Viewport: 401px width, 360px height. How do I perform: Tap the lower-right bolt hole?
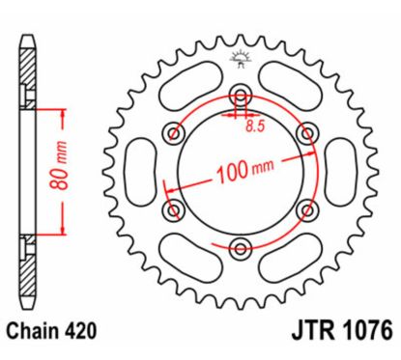click(x=307, y=209)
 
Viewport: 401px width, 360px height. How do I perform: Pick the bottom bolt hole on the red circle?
click(x=241, y=248)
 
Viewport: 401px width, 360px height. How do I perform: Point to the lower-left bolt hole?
click(x=175, y=209)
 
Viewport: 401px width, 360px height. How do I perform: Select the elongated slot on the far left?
click(x=140, y=171)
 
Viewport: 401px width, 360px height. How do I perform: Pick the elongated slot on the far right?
click(x=342, y=171)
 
